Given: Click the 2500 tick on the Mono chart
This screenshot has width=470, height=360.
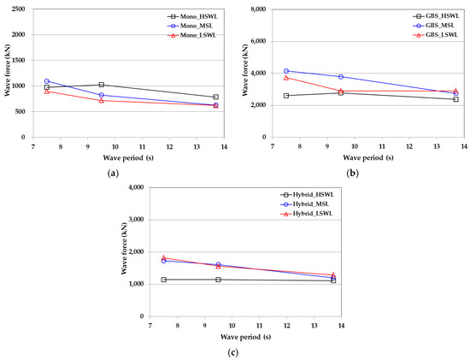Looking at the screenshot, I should click(x=19, y=9).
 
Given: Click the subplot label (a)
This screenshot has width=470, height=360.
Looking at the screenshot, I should click(x=114, y=173).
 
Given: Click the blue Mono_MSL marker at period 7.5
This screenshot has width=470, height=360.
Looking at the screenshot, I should click(x=47, y=81).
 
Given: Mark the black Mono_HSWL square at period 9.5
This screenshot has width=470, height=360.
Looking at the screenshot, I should click(x=101, y=85).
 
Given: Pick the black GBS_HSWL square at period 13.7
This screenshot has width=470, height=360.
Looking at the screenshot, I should click(x=455, y=99).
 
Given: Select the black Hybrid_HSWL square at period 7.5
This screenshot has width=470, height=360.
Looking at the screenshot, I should click(x=163, y=280).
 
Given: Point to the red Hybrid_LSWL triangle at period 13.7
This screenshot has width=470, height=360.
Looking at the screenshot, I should click(x=333, y=274).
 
